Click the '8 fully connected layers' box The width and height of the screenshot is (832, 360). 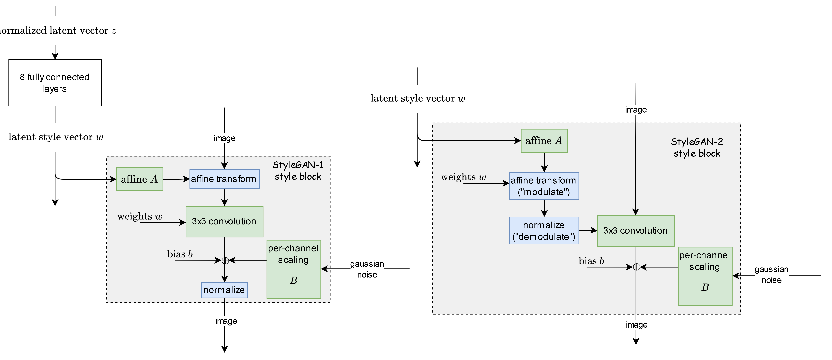[x=55, y=83]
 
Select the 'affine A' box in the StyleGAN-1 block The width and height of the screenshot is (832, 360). [x=140, y=179]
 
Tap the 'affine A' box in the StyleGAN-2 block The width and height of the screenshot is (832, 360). [x=544, y=141]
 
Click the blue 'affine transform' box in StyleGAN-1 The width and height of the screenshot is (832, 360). [x=224, y=179]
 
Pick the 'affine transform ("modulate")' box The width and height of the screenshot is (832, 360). [x=544, y=186]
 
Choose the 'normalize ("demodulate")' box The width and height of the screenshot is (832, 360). [x=544, y=230]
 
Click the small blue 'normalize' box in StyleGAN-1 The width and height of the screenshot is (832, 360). [x=224, y=290]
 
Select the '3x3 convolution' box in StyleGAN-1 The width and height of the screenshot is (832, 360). [x=224, y=221]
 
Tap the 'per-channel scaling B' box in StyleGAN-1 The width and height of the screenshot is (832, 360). [x=294, y=269]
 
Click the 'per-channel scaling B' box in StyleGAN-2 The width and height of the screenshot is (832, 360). [x=705, y=276]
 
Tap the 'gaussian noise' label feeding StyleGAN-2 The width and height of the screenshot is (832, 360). [x=771, y=275]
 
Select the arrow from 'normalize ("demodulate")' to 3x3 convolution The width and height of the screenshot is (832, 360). [x=588, y=230]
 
